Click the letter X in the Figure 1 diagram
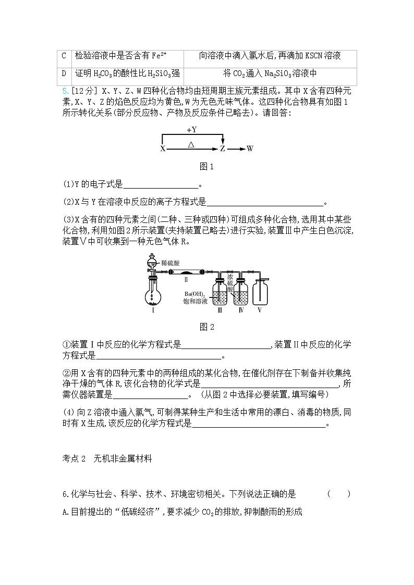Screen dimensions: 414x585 coord(162,149)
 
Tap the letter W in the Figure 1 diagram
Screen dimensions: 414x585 coord(250,149)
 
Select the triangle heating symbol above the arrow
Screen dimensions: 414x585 coord(191,143)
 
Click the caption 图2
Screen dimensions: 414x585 coord(207,327)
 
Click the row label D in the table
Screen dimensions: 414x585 coord(64,73)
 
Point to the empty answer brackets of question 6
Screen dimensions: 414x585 coord(339,494)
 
